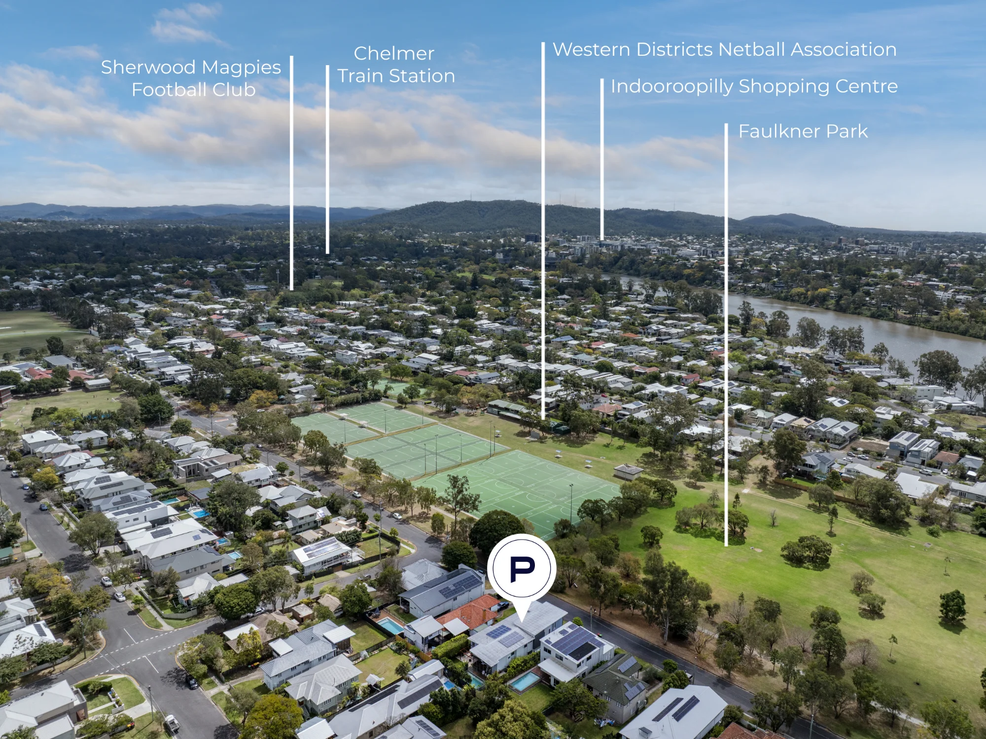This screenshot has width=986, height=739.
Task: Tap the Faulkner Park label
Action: pos(803,131)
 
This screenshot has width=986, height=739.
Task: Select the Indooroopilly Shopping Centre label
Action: pos(754,86)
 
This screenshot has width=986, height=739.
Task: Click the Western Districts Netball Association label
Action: pos(725,49)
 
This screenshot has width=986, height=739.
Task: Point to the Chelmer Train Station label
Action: pos(395,65)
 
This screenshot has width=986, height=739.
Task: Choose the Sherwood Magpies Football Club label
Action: pos(191,78)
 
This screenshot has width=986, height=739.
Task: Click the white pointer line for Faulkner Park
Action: pos(726,334)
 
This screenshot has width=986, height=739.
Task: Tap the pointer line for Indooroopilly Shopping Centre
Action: pos(602,159)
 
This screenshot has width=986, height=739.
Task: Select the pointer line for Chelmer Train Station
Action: pos(327,159)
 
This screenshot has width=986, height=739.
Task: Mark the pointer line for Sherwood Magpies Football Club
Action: pos(292,173)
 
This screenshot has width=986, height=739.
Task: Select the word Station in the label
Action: pos(422,76)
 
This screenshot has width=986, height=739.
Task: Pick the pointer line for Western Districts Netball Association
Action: pos(543,231)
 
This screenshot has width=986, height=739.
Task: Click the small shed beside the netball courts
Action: pos(628,472)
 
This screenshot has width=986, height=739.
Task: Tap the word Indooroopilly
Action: pos(672,87)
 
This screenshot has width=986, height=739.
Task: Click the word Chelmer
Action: pos(394,53)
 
